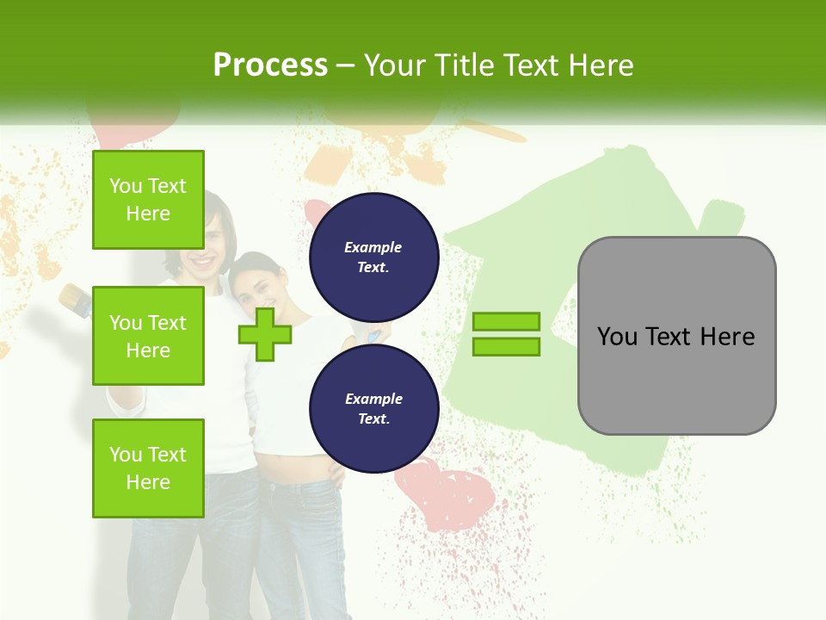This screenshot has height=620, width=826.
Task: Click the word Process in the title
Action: click(x=270, y=65)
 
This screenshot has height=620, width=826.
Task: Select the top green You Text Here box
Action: click(x=148, y=200)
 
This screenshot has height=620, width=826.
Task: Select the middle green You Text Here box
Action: click(x=148, y=336)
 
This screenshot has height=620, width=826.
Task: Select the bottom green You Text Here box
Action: click(x=148, y=468)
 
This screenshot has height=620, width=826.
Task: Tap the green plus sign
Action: click(x=265, y=334)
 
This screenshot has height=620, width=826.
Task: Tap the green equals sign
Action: click(x=507, y=334)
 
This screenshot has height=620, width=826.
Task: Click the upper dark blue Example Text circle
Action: click(x=373, y=257)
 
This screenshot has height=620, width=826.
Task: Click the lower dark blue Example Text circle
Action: click(x=373, y=408)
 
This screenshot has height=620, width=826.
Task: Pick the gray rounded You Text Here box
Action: click(x=676, y=336)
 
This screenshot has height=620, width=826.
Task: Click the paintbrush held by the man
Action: click(x=76, y=300)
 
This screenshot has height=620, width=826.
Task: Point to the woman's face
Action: click(x=256, y=282)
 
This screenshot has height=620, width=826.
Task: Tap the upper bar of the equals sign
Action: click(x=507, y=322)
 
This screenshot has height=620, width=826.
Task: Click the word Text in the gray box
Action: click(x=675, y=336)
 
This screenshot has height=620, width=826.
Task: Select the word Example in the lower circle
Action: click(x=373, y=399)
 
